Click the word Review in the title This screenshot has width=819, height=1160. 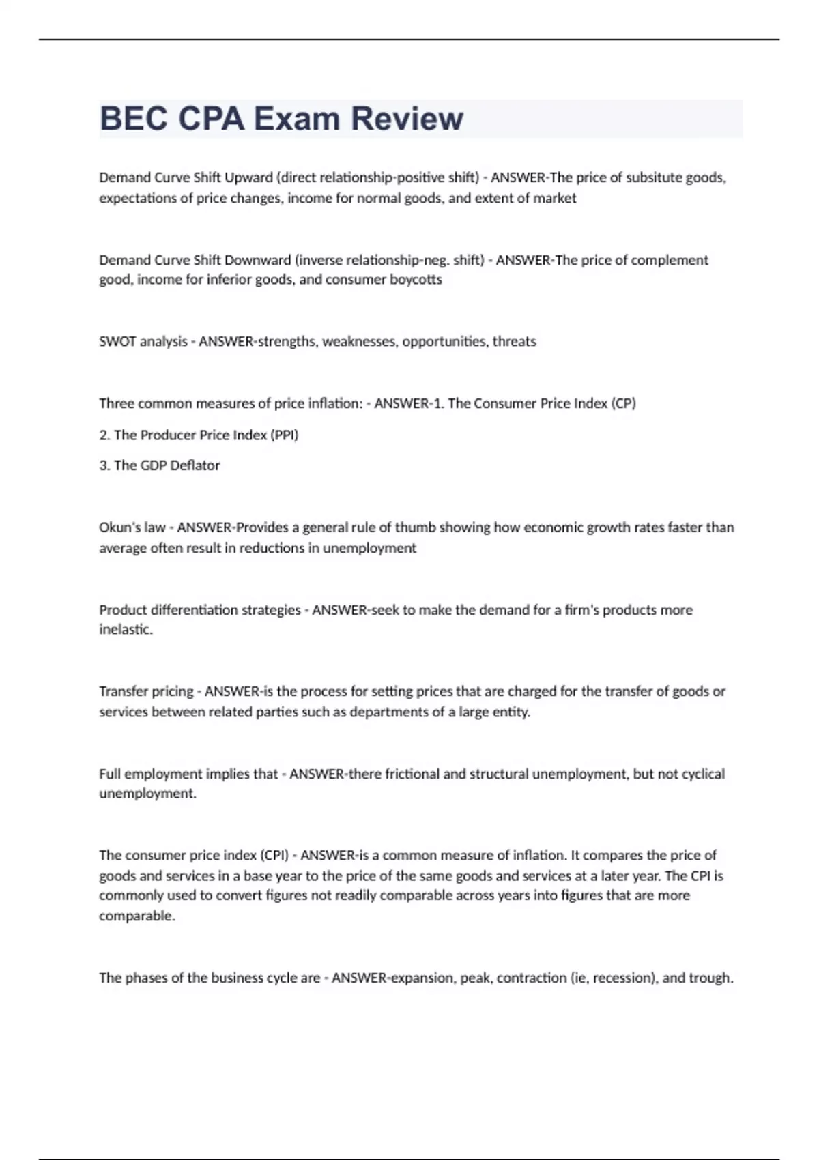(407, 119)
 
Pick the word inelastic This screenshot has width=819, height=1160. (126, 629)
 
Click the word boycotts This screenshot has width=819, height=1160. (416, 280)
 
